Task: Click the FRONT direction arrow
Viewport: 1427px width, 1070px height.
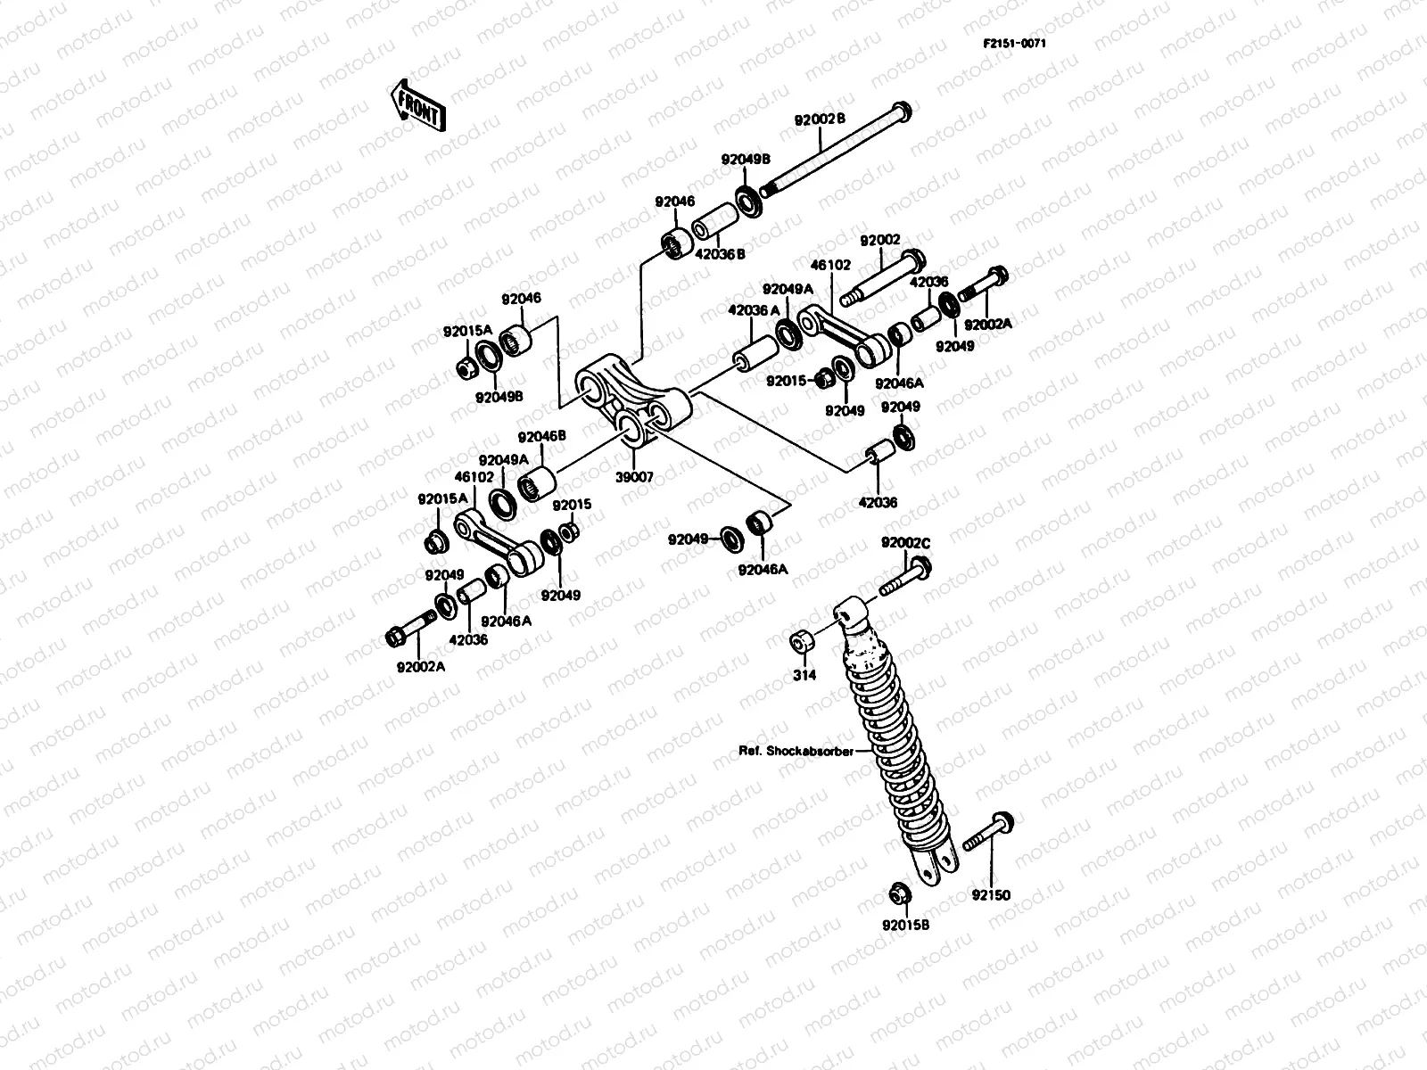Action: [x=416, y=105]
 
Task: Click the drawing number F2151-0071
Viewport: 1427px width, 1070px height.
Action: [x=1015, y=43]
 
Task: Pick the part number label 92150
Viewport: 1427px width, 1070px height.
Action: [x=991, y=895]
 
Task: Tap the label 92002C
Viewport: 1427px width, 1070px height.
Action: [x=905, y=542]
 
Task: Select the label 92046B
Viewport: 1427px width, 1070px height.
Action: [x=542, y=437]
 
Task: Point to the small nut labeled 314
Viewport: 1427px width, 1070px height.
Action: [x=800, y=641]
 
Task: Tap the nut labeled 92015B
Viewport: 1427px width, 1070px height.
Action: [x=897, y=893]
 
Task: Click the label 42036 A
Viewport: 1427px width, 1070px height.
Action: [x=755, y=310]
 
